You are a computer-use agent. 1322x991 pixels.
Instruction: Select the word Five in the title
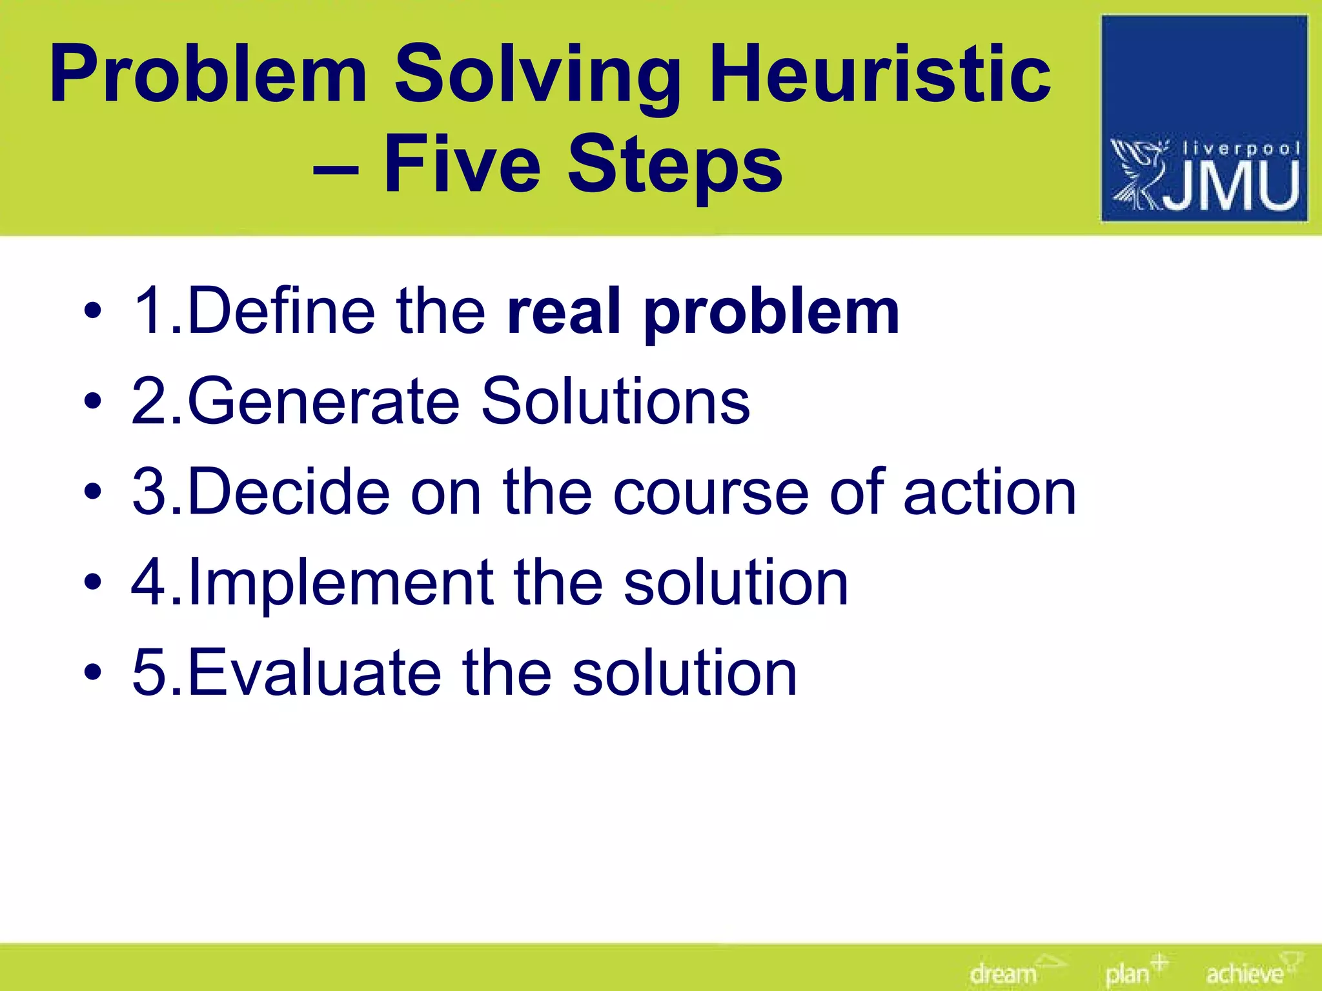coord(462,164)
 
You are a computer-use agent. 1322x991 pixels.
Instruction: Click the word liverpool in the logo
coord(1240,149)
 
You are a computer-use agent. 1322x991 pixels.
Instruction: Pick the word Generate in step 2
coord(323,402)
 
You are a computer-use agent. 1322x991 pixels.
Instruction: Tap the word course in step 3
coord(710,494)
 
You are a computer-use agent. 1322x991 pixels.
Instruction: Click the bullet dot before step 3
coord(92,493)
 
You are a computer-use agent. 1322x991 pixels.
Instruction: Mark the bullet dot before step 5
coord(92,674)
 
